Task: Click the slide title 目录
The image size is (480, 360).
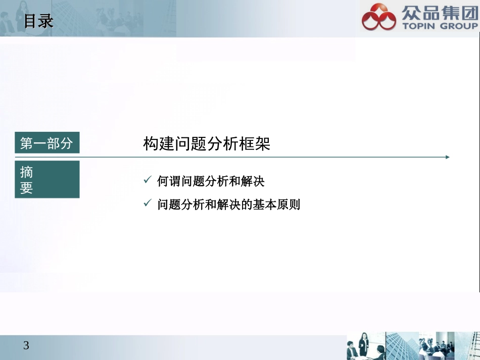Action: tap(38, 21)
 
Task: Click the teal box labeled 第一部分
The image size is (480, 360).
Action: tap(47, 143)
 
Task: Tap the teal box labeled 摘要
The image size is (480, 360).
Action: tap(47, 179)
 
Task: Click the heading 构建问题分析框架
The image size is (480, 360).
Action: tap(207, 144)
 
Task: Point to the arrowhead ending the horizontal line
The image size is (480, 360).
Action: tap(447, 157)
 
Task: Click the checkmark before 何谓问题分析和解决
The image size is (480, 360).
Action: tap(148, 180)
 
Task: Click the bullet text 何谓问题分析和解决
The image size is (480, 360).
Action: tap(211, 181)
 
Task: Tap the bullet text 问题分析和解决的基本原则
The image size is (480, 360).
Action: tap(228, 204)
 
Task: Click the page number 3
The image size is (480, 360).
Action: tap(26, 346)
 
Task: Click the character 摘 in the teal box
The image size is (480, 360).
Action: tap(27, 172)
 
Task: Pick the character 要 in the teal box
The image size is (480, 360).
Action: tap(27, 188)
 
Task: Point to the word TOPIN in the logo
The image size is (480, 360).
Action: tap(419, 26)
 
